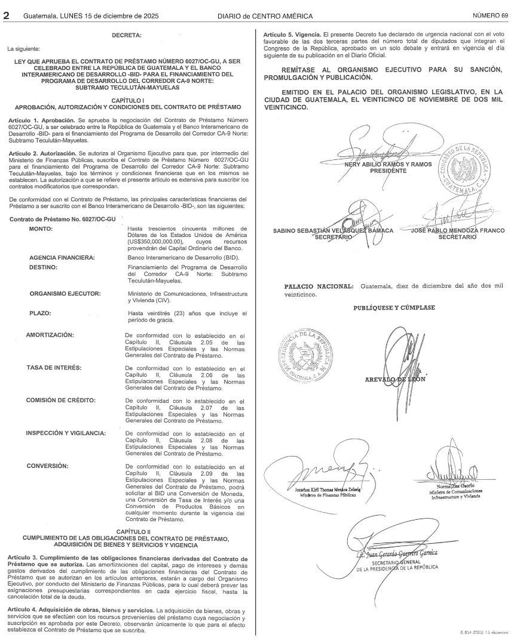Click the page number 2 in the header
click(7, 16)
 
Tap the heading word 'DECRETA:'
click(127, 36)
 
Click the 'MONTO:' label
click(41, 229)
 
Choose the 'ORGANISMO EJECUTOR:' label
click(65, 294)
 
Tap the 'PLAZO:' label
click(41, 313)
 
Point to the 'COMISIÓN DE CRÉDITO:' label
click(61, 400)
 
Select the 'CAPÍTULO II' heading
click(133, 531)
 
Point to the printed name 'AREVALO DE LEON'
click(394, 380)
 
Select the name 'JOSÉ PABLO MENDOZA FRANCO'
click(458, 230)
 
